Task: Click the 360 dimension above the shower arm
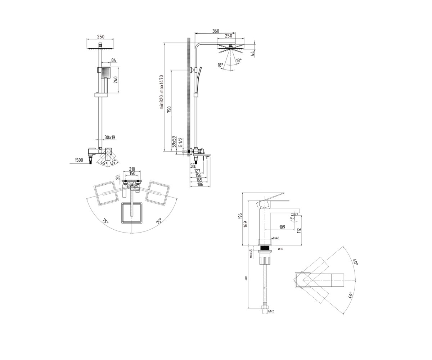coord(216,31)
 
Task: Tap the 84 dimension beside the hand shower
coord(114,60)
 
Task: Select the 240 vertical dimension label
coord(116,80)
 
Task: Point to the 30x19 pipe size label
coord(110,137)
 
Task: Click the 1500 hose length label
coord(79,160)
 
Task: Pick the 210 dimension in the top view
coord(132,169)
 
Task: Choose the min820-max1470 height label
coord(162,92)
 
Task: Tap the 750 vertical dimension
coord(169,109)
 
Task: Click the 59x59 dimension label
coord(174,141)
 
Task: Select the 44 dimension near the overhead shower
coord(252,54)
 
